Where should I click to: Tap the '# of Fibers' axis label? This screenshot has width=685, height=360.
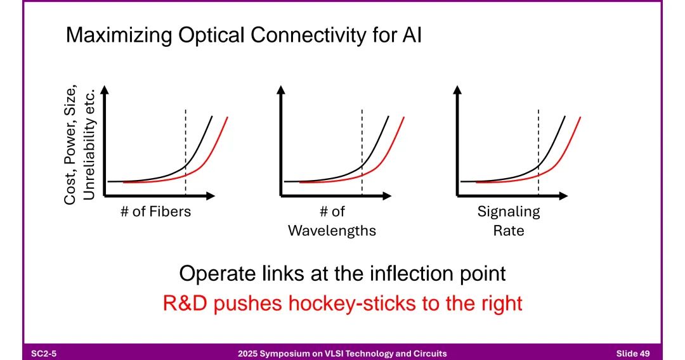point(155,212)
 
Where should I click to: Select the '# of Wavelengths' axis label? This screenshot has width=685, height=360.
point(332,221)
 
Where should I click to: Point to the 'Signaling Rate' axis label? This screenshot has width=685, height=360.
point(509,221)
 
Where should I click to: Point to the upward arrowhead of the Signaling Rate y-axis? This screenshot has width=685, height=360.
point(458,90)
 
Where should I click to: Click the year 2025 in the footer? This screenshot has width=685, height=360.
point(247,353)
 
